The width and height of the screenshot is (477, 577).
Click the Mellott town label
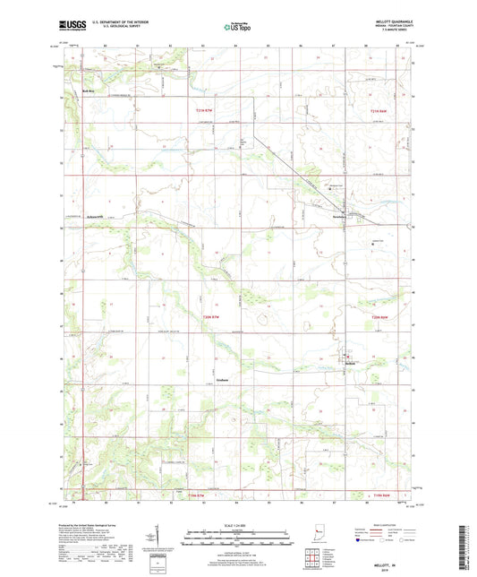[x=353, y=362]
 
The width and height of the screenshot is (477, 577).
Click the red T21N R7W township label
[x=206, y=109]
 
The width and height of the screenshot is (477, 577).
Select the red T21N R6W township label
[x=383, y=109]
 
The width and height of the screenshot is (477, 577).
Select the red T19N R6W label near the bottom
[x=383, y=495]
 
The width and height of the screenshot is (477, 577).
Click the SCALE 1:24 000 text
[x=237, y=524]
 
